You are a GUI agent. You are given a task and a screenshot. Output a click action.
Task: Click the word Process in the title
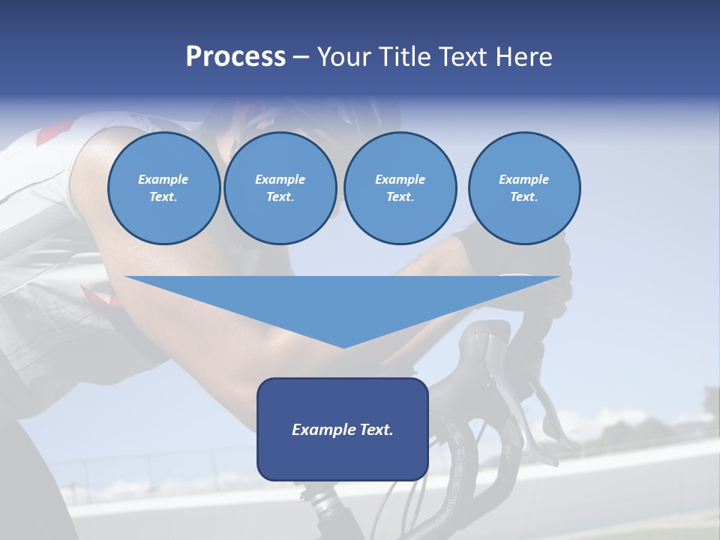tap(235, 57)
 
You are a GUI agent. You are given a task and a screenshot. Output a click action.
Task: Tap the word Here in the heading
tap(523, 57)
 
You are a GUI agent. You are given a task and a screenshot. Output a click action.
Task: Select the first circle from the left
tap(163, 188)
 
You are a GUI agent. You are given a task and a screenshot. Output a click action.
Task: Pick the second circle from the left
tap(280, 188)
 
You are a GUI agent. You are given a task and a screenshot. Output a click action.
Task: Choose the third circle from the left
tap(400, 188)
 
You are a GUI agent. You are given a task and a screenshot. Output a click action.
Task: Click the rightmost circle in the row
tap(523, 188)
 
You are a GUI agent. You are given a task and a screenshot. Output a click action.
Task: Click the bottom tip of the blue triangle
tap(343, 346)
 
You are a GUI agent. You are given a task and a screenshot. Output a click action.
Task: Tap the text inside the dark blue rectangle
tap(342, 430)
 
